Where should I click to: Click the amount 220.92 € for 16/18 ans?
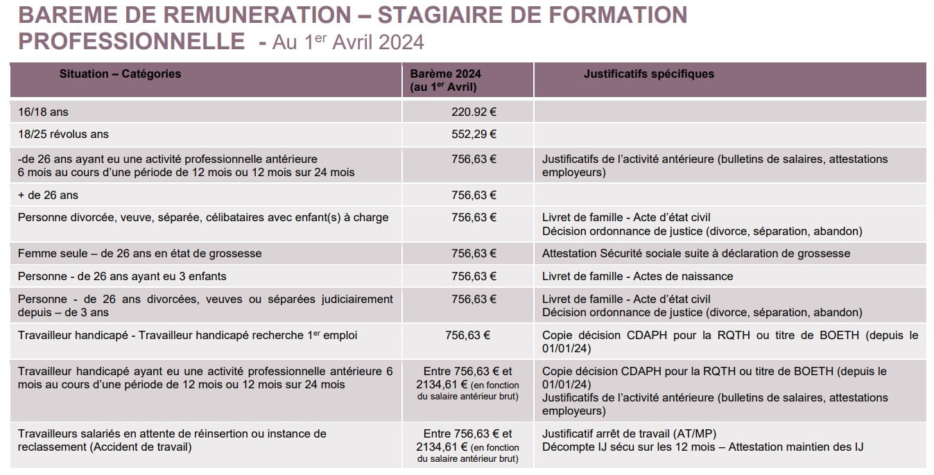(x=474, y=112)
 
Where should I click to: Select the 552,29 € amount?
(x=474, y=135)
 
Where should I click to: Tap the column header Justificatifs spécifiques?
(x=649, y=74)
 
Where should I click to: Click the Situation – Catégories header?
(x=120, y=74)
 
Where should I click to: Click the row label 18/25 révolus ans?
(x=63, y=135)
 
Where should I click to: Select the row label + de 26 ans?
(x=48, y=195)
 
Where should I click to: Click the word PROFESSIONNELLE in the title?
(x=131, y=42)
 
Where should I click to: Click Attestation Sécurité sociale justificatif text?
(x=696, y=254)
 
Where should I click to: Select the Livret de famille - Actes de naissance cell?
(x=637, y=277)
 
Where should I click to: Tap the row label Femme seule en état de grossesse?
(x=139, y=254)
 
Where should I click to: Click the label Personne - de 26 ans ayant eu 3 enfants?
(x=122, y=277)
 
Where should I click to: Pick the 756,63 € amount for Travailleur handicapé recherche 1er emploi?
(x=467, y=336)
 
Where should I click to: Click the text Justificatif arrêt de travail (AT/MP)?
(x=629, y=433)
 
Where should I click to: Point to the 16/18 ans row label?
(x=43, y=112)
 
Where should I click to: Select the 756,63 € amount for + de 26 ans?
(x=474, y=195)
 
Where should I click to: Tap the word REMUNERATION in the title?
(x=257, y=15)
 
